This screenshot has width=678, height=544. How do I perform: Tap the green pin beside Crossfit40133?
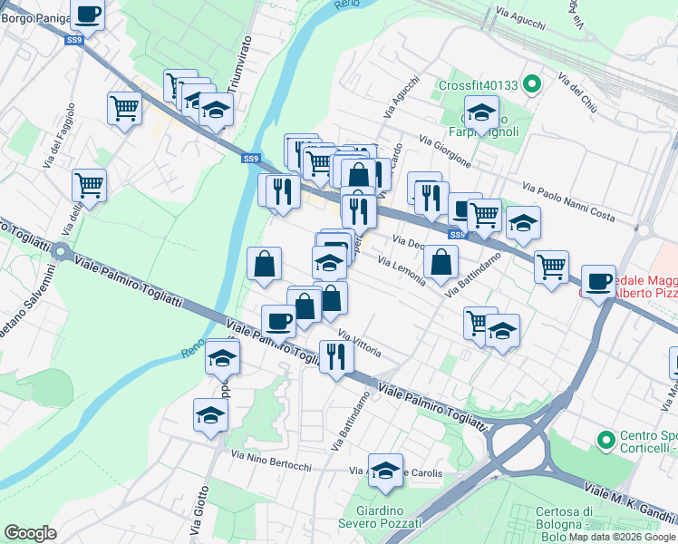pos(532,86)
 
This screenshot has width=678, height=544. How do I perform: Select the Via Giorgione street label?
pos(445,151)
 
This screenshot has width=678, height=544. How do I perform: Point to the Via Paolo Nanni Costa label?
pos(568,201)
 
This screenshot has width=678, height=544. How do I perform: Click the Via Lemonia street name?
pos(401,270)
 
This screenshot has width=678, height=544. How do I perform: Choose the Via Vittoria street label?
pos(360,343)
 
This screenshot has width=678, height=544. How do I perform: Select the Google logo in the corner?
pos(30,533)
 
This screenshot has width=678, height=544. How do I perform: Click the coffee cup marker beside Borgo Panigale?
pos(88,15)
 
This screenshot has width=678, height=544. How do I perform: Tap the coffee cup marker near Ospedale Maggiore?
pos(598,283)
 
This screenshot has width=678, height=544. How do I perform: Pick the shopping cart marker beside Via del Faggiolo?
pos(89,186)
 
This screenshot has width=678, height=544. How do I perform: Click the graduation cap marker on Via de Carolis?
pos(386,471)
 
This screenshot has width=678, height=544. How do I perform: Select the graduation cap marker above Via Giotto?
pos(210,416)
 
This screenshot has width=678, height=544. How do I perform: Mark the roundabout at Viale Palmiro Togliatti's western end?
pos(62,251)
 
